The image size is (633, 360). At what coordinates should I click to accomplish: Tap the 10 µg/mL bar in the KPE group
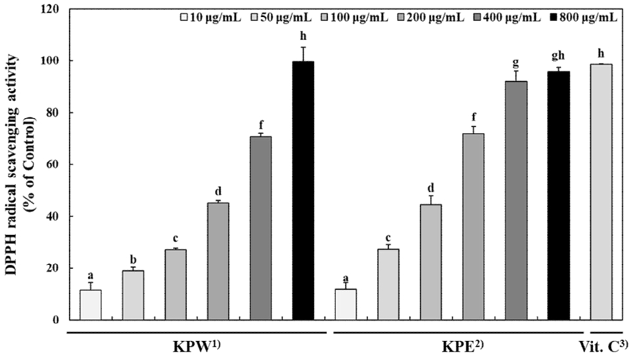pos(345,304)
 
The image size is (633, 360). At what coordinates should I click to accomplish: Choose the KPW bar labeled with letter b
pos(133,295)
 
